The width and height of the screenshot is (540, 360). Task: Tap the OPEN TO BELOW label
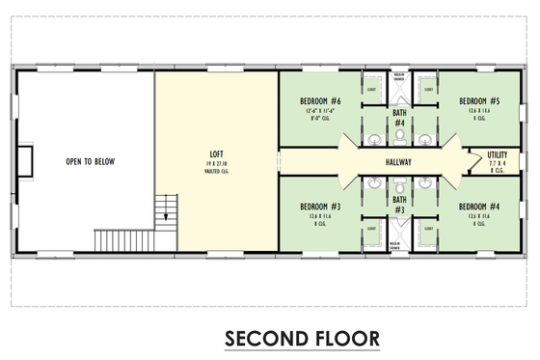[x=91, y=161]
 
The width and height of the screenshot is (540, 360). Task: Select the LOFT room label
[x=218, y=154]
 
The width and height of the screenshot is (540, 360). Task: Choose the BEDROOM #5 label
[x=479, y=100]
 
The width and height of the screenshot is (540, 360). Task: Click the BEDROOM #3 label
[x=320, y=207]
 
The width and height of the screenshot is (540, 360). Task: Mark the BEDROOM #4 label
[x=479, y=207]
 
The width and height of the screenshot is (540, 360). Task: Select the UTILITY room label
[x=497, y=153]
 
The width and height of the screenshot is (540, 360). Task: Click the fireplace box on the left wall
[x=25, y=160]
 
